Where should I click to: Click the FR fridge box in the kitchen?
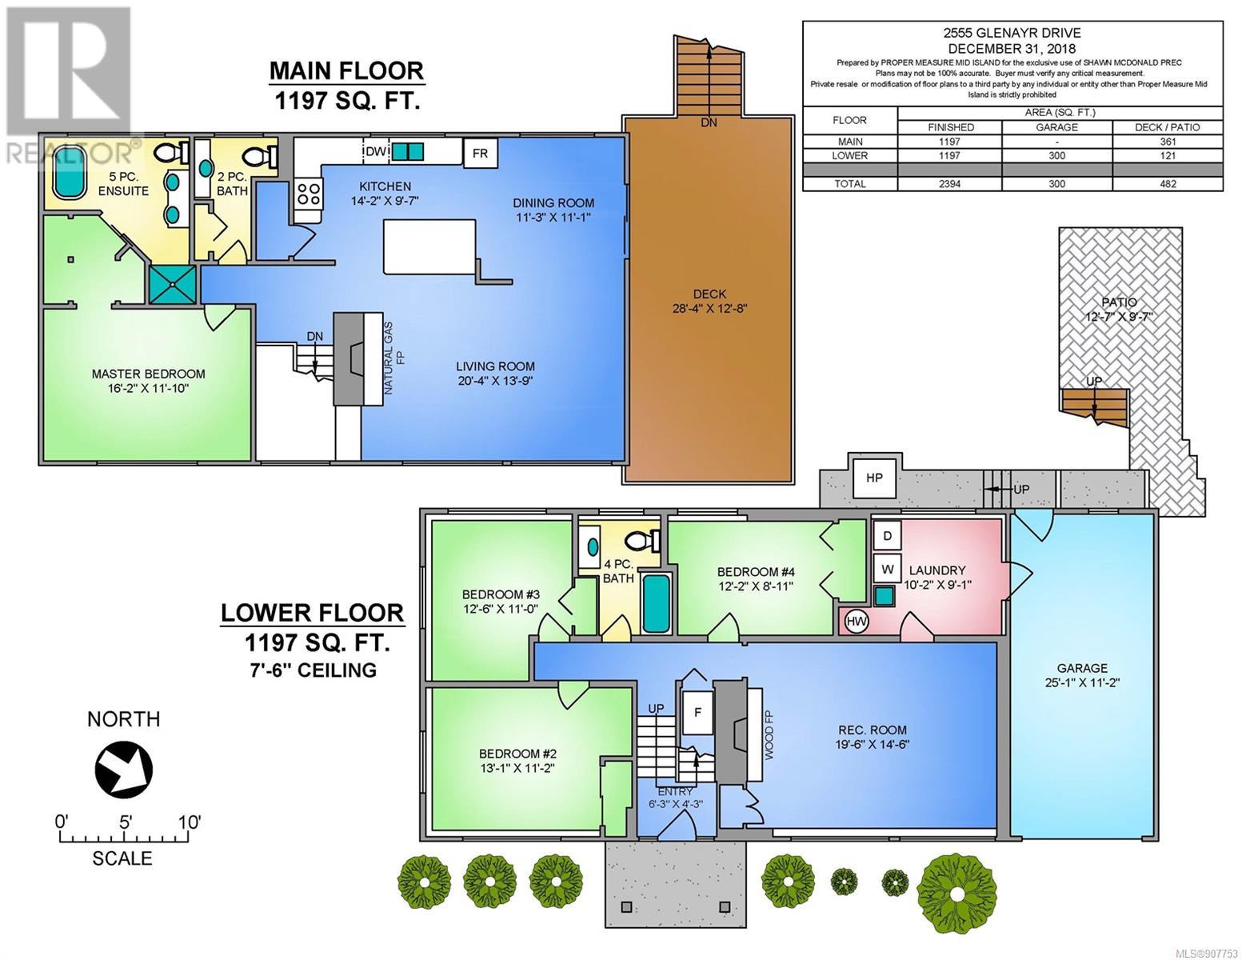pyautogui.click(x=480, y=154)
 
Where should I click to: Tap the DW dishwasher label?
pyautogui.click(x=375, y=151)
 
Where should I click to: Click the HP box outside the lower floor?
pyautogui.click(x=874, y=478)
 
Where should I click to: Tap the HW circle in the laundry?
pyautogui.click(x=856, y=621)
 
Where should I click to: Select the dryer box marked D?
pyautogui.click(x=887, y=536)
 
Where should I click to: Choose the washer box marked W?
pyautogui.click(x=887, y=569)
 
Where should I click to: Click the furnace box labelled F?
pyautogui.click(x=697, y=713)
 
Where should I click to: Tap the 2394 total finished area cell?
pyautogui.click(x=948, y=184)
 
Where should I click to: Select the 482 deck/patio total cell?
pyautogui.click(x=1168, y=184)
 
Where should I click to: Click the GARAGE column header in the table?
pyautogui.click(x=1056, y=127)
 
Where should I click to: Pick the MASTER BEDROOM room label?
pyautogui.click(x=149, y=374)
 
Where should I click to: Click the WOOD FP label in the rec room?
pyautogui.click(x=769, y=734)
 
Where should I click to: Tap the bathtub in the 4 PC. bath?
pyautogui.click(x=656, y=602)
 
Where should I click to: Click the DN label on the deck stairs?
pyautogui.click(x=709, y=122)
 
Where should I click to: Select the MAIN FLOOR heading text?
pyautogui.click(x=346, y=71)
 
